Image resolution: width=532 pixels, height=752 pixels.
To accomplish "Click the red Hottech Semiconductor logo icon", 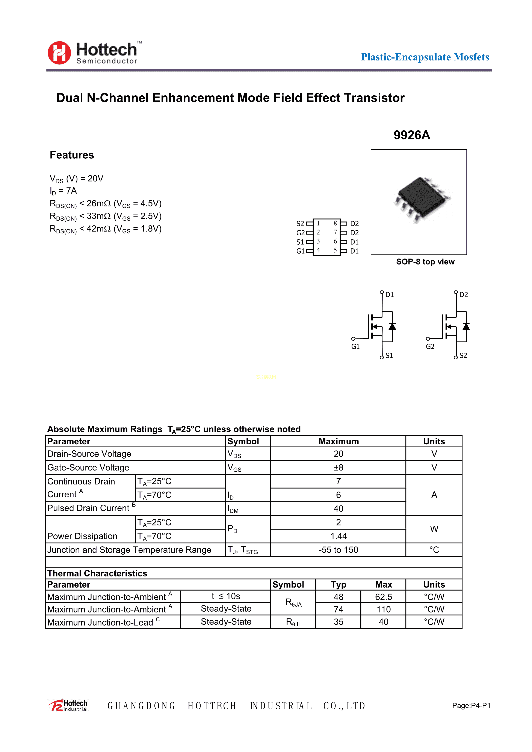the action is [x=59, y=53].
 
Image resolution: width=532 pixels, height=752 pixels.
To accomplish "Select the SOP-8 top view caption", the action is [x=425, y=262].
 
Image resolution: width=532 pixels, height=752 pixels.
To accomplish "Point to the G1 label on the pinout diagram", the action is [x=300, y=251].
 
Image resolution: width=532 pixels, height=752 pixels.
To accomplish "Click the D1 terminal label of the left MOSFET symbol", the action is [x=389, y=295].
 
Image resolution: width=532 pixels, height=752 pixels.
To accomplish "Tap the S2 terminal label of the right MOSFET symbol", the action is [x=463, y=355].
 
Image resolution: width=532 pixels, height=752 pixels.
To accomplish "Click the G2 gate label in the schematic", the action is [x=430, y=346].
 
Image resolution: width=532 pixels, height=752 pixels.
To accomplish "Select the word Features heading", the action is [x=72, y=155].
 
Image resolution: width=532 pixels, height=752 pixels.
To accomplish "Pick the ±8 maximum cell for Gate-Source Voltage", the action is [x=338, y=467].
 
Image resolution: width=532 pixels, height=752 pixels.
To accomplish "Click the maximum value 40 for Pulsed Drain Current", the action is [x=338, y=509].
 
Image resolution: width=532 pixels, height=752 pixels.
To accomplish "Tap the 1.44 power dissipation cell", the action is [x=338, y=536].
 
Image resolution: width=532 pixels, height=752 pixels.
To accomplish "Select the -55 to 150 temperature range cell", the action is [x=338, y=550].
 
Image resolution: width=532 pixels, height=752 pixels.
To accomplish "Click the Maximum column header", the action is [x=339, y=442].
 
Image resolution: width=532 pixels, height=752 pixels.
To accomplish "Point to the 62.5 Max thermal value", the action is [x=384, y=597].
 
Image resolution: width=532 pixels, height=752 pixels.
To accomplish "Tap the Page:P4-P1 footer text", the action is [x=471, y=705].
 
